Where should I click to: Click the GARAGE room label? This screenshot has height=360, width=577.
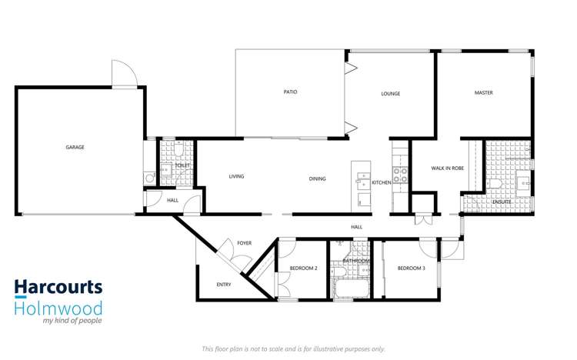[75, 147]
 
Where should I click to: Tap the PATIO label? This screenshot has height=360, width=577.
[290, 92]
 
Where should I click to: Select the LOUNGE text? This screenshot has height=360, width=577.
[391, 94]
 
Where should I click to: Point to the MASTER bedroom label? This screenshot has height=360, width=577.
[483, 93]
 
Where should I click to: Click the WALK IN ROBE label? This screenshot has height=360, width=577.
[446, 168]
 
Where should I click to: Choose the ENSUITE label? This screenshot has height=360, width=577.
[502, 202]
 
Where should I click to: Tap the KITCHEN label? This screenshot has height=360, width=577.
[382, 182]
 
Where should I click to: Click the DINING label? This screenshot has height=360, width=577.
[317, 178]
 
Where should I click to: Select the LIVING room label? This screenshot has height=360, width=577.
[236, 176]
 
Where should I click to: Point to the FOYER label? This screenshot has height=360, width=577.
[244, 243]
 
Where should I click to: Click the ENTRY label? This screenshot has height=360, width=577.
[223, 285]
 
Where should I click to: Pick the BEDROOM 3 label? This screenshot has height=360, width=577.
[412, 268]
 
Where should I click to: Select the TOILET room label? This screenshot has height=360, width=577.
[182, 165]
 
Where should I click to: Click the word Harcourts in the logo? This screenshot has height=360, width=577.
[58, 288]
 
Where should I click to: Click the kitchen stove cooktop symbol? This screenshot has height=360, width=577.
[400, 175]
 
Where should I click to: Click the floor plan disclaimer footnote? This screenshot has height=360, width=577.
[293, 348]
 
